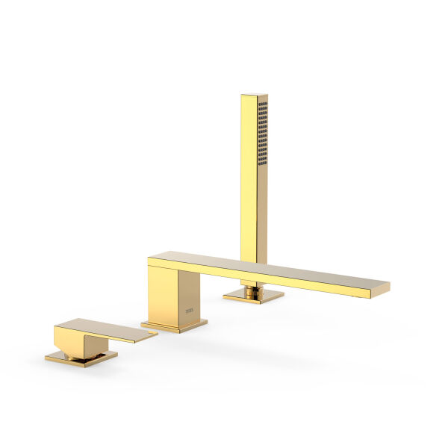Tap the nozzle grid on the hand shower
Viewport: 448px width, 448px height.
tap(262, 133)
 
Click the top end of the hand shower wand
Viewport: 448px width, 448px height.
tap(254, 96)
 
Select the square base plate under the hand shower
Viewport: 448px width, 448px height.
tap(253, 296)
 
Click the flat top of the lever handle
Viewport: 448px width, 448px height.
tap(97, 328)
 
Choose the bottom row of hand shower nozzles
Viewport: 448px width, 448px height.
tap(262, 161)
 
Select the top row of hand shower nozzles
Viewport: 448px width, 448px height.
tap(262, 105)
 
